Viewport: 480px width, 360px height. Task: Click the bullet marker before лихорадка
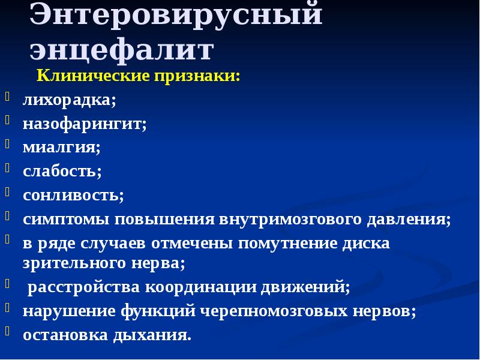pos(7,97)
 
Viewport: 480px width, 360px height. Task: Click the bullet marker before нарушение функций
pos(7,307)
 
